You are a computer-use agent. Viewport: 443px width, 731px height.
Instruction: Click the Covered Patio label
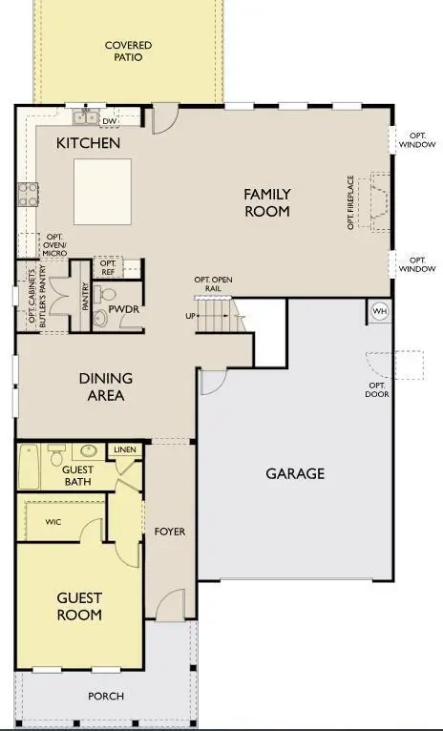(x=128, y=51)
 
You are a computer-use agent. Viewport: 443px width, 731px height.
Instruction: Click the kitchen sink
(x=87, y=116)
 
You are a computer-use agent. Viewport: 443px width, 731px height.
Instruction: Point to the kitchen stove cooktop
(x=28, y=195)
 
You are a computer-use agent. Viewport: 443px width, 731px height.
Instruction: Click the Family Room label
(x=267, y=202)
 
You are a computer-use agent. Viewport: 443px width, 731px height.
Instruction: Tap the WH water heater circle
(x=380, y=311)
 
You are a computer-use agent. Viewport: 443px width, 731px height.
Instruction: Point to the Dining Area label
(x=106, y=386)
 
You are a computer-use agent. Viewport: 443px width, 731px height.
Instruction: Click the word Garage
(x=295, y=473)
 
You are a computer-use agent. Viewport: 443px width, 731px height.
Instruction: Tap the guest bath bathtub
(x=30, y=468)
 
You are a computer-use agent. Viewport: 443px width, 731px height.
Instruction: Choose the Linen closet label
(x=125, y=449)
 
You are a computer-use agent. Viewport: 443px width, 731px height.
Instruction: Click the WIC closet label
(x=53, y=522)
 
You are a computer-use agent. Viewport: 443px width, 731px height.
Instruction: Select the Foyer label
(x=169, y=531)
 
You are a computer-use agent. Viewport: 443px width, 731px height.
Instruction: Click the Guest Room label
(x=79, y=606)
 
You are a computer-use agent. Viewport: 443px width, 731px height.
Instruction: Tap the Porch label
(x=106, y=696)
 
